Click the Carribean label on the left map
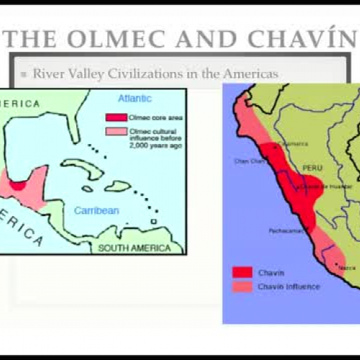click(x=96, y=211)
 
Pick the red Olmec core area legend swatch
click(x=116, y=117)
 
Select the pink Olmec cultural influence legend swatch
click(x=116, y=131)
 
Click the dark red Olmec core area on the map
click(x=18, y=184)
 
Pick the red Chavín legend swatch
click(x=242, y=272)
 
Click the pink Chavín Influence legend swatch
click(x=242, y=286)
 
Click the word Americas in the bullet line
click(x=249, y=73)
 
